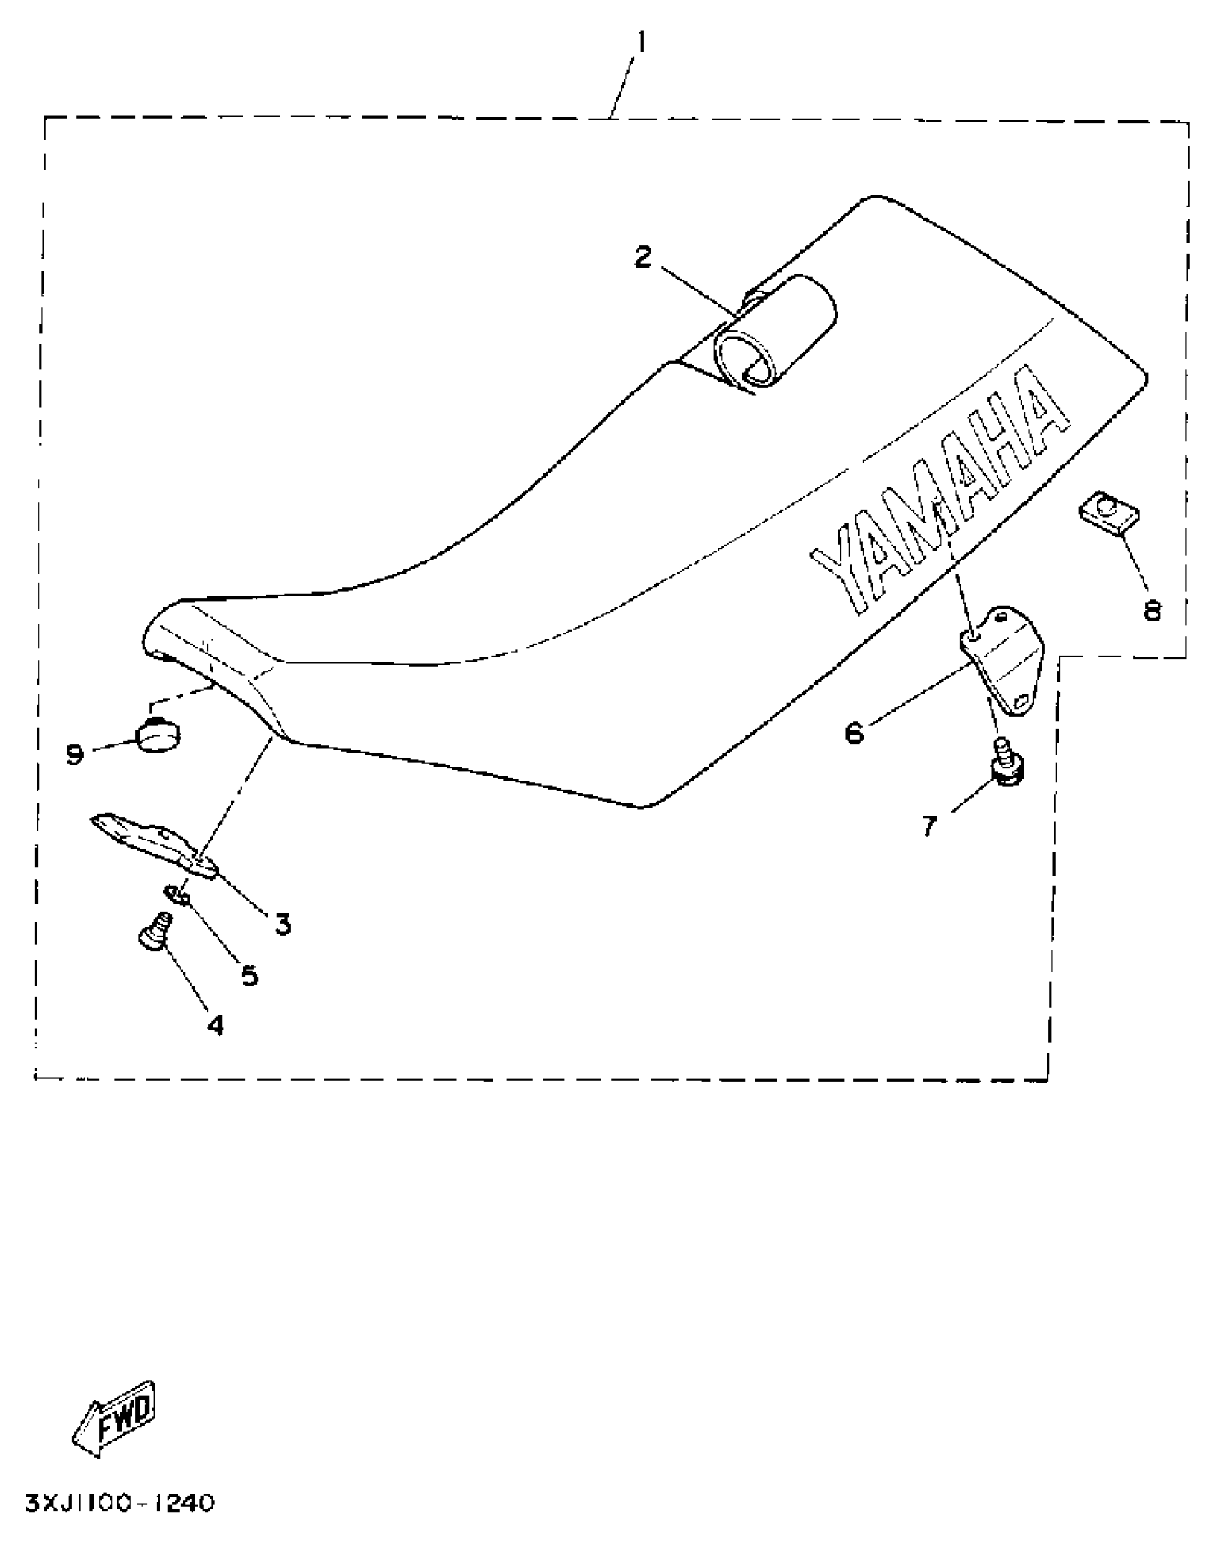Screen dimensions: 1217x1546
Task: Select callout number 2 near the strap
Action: [x=644, y=257]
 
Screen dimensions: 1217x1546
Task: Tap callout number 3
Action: [x=283, y=924]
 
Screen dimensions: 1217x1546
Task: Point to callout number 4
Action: [x=215, y=1025]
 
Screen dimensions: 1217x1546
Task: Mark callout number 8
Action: [x=1153, y=610]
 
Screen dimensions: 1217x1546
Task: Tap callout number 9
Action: [x=75, y=753]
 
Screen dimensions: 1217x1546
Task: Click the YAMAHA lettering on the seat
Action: [x=938, y=494]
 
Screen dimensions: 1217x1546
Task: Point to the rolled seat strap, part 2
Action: [x=777, y=333]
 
